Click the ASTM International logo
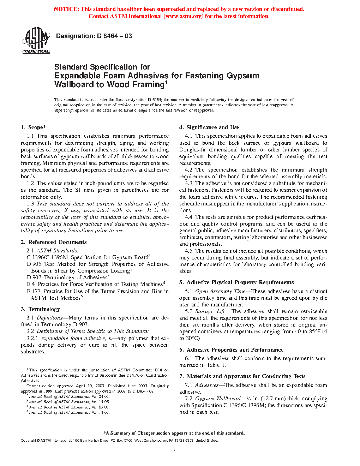point(36,41)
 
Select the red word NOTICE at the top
point(66,9)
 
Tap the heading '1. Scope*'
point(33,127)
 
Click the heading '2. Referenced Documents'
point(54,242)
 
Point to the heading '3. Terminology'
point(40,309)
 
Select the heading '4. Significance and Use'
point(209,127)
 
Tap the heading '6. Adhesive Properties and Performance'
point(231,350)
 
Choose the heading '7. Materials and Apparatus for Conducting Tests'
point(242,376)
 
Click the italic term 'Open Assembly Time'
point(220,291)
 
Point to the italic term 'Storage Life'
point(210,311)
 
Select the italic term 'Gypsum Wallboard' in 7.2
point(218,399)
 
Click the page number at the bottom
point(174,449)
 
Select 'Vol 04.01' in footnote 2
point(100,396)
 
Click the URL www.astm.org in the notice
point(184,16)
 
